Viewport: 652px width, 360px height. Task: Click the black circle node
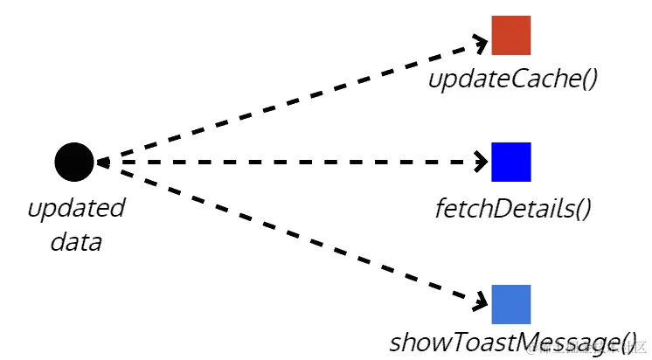click(x=73, y=162)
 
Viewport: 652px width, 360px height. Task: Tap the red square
click(x=510, y=35)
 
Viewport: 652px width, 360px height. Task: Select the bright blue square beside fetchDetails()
click(x=510, y=162)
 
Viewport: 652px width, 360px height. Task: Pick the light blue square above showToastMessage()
click(x=510, y=304)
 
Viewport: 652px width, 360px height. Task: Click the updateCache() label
click(x=512, y=80)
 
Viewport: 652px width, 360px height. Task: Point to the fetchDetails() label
click(x=513, y=209)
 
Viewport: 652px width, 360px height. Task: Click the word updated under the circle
click(x=76, y=209)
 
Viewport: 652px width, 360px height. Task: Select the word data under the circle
click(x=76, y=241)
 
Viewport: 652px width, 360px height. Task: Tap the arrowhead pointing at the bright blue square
click(x=481, y=162)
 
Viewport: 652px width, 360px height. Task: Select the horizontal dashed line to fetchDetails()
click(x=288, y=162)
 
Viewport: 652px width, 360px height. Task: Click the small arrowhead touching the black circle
click(x=101, y=162)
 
